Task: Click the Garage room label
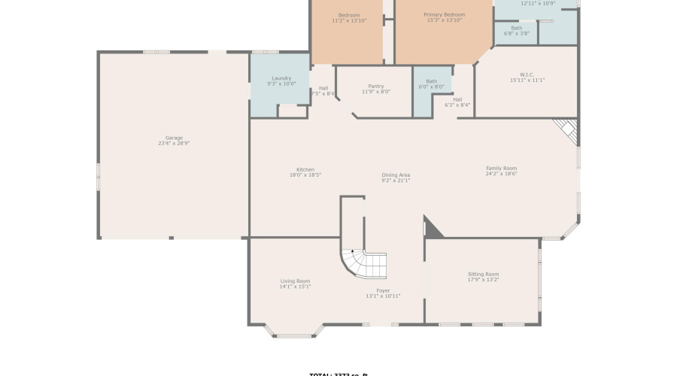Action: [174, 138]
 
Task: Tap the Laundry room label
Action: [281, 78]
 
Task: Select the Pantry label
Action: [376, 86]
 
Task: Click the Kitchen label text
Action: [305, 169]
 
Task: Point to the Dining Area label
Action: [396, 175]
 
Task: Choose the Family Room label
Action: [501, 168]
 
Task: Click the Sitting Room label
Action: [483, 274]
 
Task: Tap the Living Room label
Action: [295, 281]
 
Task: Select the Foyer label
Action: [383, 290]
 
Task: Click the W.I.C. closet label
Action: [527, 74]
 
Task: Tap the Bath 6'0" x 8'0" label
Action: [431, 81]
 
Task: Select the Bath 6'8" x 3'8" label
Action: [516, 29]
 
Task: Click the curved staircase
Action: [363, 263]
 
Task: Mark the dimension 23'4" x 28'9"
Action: [174, 144]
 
